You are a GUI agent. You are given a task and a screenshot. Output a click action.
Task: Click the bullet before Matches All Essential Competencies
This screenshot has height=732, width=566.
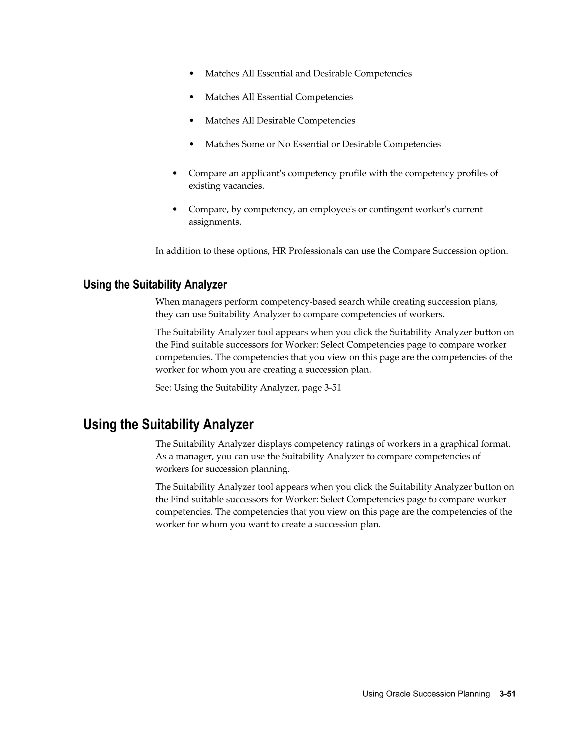coord(192,97)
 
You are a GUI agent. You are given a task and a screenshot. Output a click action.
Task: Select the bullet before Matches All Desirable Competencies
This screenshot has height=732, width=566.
coord(192,121)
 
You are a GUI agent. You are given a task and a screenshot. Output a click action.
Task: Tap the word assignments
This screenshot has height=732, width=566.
coord(214,222)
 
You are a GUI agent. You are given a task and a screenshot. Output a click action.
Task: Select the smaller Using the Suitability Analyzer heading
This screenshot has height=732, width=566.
coord(155,285)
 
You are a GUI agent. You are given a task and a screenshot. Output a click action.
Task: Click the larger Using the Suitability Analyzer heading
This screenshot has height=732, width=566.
coord(168,424)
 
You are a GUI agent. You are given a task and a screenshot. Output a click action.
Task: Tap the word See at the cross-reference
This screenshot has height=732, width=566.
coord(163,388)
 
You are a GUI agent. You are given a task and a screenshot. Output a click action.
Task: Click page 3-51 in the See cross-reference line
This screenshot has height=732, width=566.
coord(322,388)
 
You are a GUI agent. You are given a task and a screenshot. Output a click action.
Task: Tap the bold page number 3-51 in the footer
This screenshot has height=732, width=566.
coord(507,694)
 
